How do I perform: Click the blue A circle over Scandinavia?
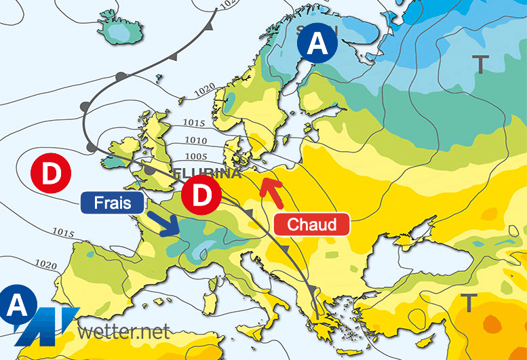click(x=317, y=45)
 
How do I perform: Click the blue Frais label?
click(x=113, y=203)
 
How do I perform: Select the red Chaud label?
click(x=312, y=224)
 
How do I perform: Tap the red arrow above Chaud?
click(x=273, y=192)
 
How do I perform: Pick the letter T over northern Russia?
click(x=480, y=64)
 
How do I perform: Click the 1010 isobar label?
click(x=196, y=140)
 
